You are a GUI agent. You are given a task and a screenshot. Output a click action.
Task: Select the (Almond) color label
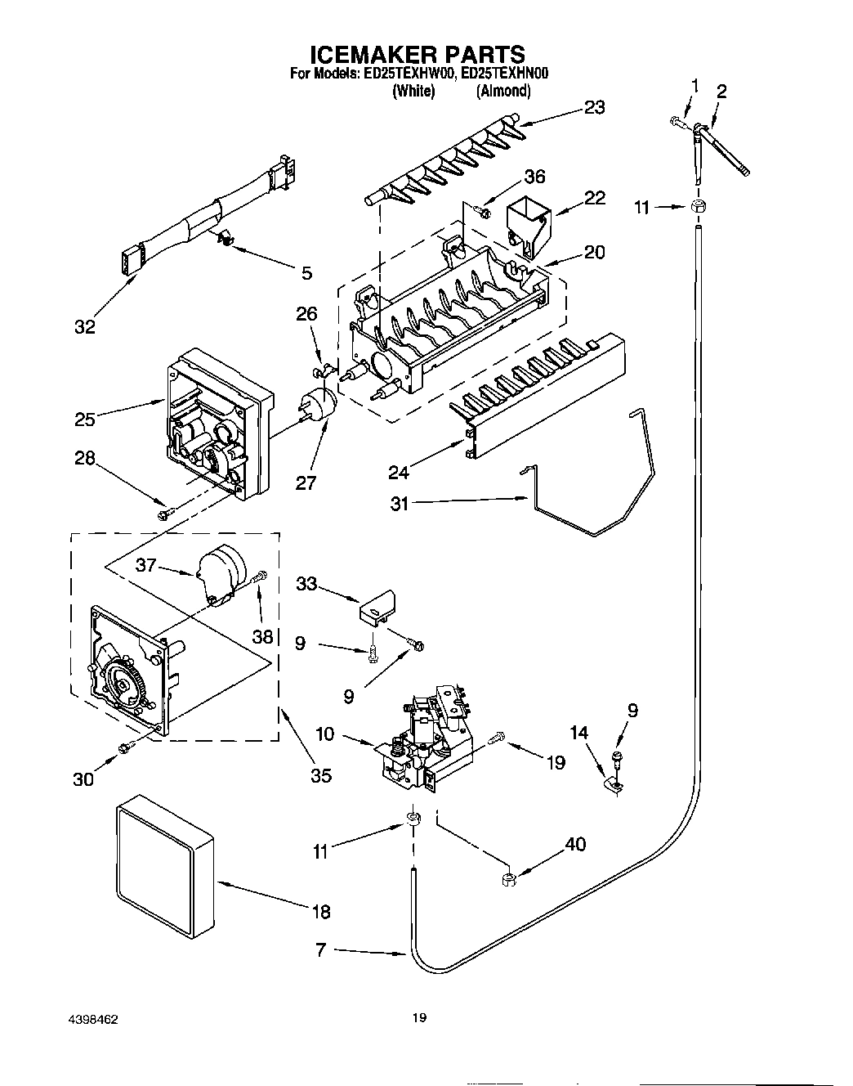(503, 91)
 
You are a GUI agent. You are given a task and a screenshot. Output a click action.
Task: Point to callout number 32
(84, 327)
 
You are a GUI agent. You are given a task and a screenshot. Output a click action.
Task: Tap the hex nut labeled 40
(507, 879)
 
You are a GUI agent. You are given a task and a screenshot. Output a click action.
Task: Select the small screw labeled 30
(126, 746)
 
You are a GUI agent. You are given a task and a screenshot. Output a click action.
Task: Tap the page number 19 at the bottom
(418, 1018)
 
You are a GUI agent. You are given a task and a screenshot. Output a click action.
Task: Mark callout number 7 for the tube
(320, 949)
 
